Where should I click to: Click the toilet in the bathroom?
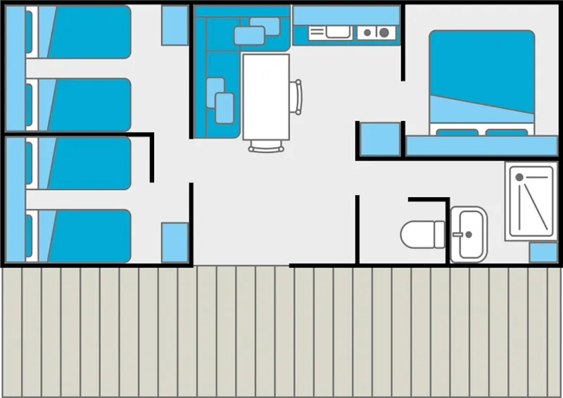(421, 234)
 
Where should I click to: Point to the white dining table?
(266, 97)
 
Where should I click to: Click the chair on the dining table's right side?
(298, 97)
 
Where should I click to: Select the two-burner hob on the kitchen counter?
(376, 32)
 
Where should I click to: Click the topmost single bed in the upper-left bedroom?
(84, 32)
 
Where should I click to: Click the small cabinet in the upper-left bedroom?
(175, 25)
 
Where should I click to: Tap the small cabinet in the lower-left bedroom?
(175, 242)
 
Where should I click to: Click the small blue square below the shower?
(543, 252)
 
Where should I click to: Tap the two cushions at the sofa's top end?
(256, 31)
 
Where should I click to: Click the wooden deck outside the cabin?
(281, 331)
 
